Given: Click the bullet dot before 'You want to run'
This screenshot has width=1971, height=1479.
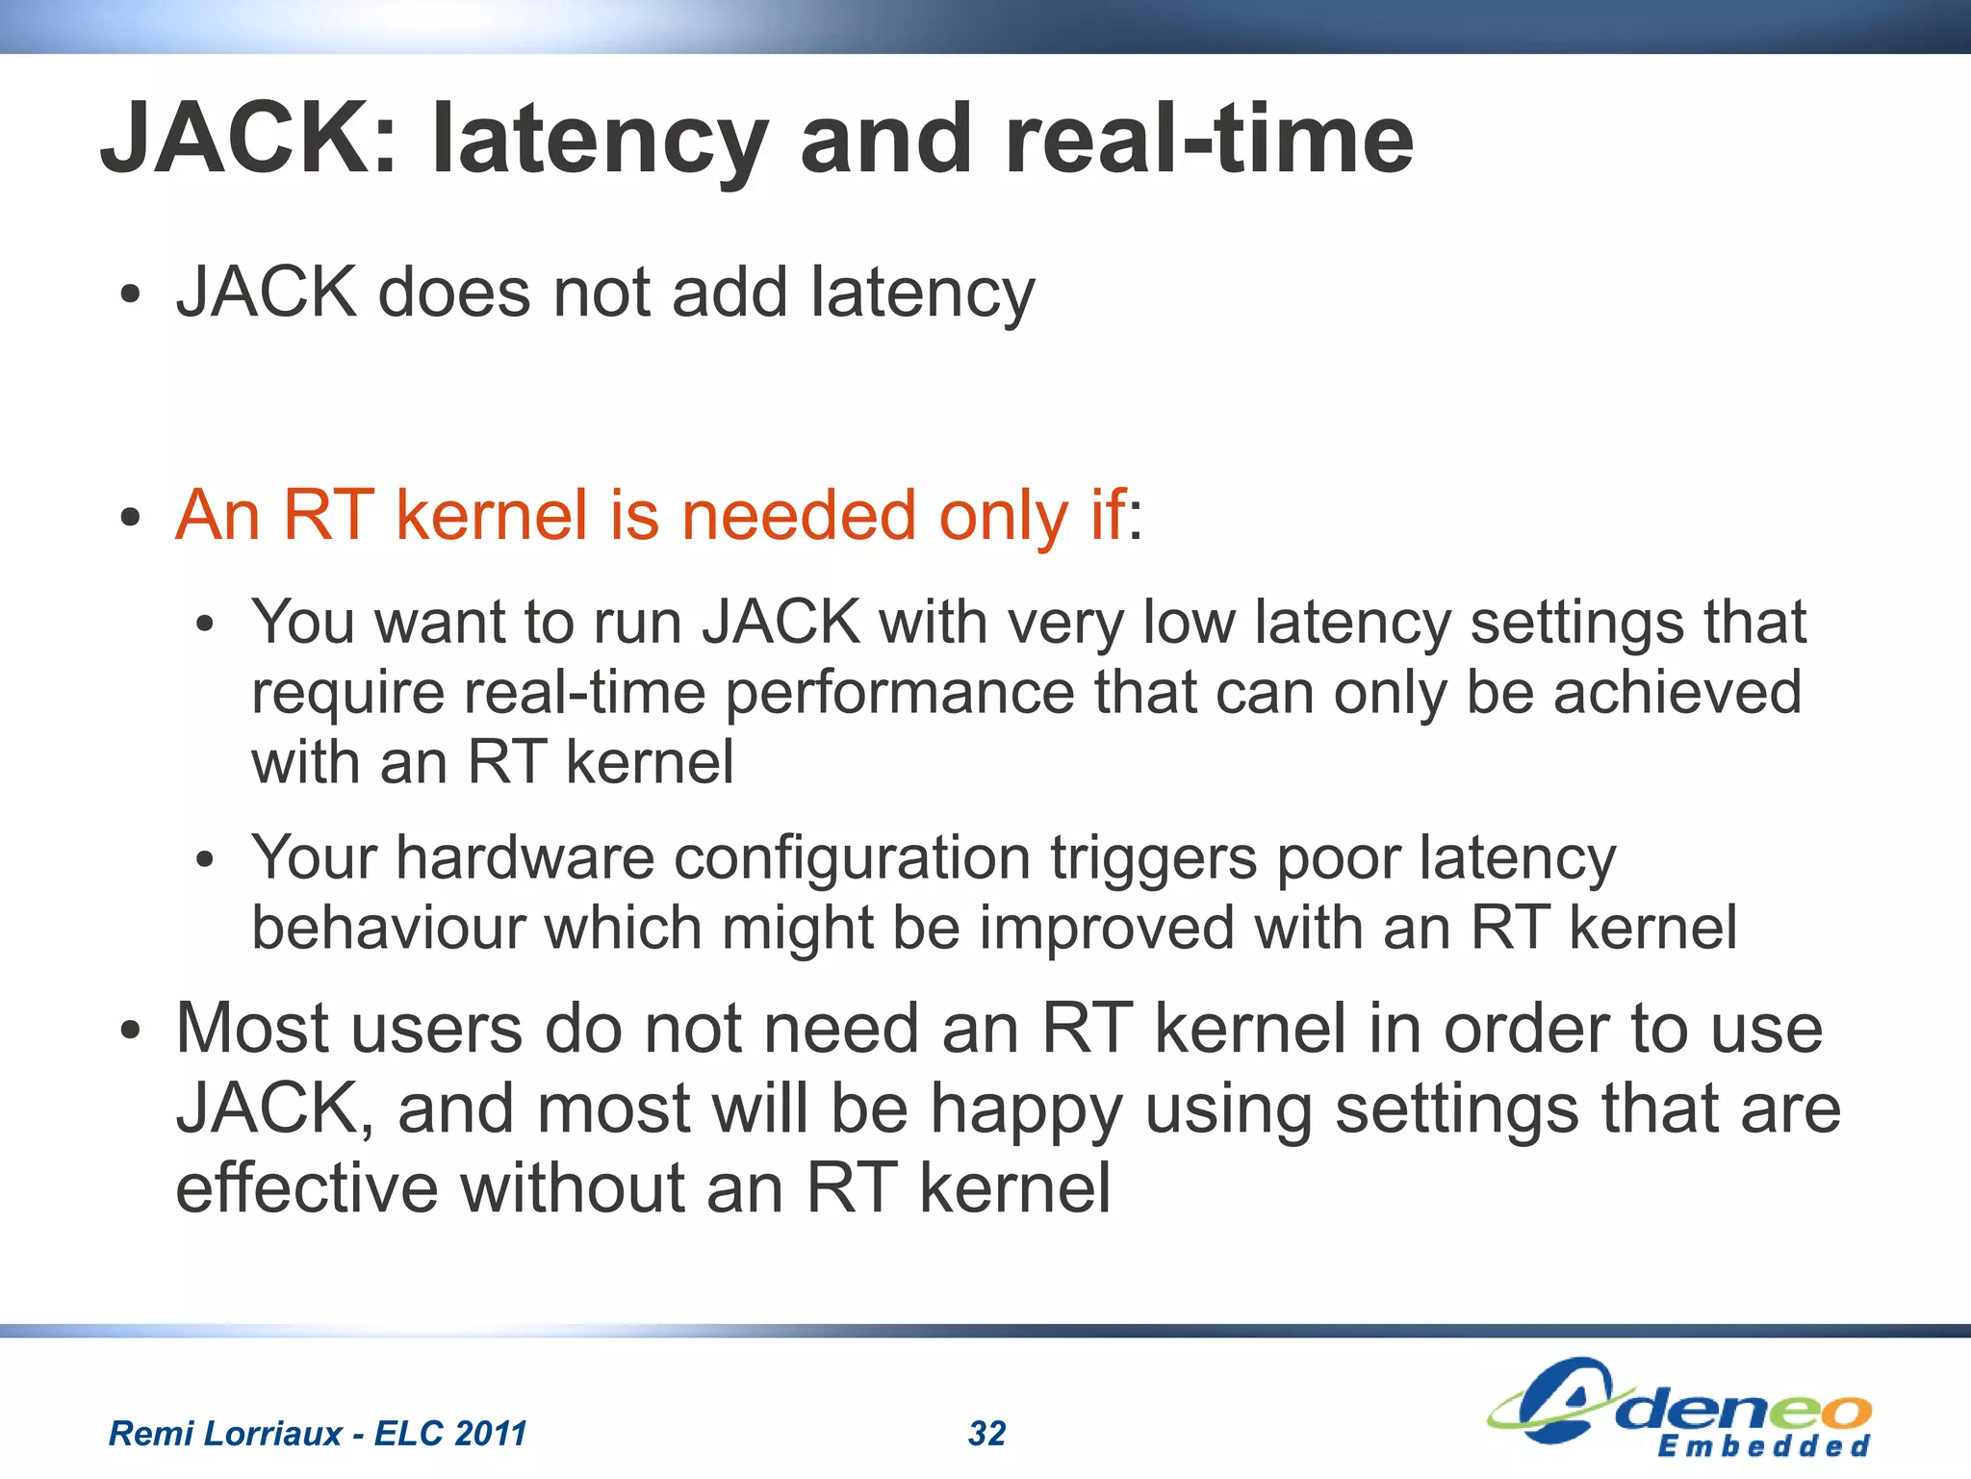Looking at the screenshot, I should (204, 625).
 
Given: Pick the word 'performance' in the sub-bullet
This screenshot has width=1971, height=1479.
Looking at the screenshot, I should (900, 693).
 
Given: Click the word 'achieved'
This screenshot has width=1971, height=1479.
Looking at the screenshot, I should (1677, 692).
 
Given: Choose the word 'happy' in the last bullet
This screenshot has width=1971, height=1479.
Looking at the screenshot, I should (1026, 1109).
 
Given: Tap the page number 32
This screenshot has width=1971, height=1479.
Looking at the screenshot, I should (986, 1434).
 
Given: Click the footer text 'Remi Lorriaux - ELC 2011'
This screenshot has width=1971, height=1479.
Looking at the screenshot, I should (318, 1434).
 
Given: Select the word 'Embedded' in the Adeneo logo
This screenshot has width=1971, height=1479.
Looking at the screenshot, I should (1763, 1446).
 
